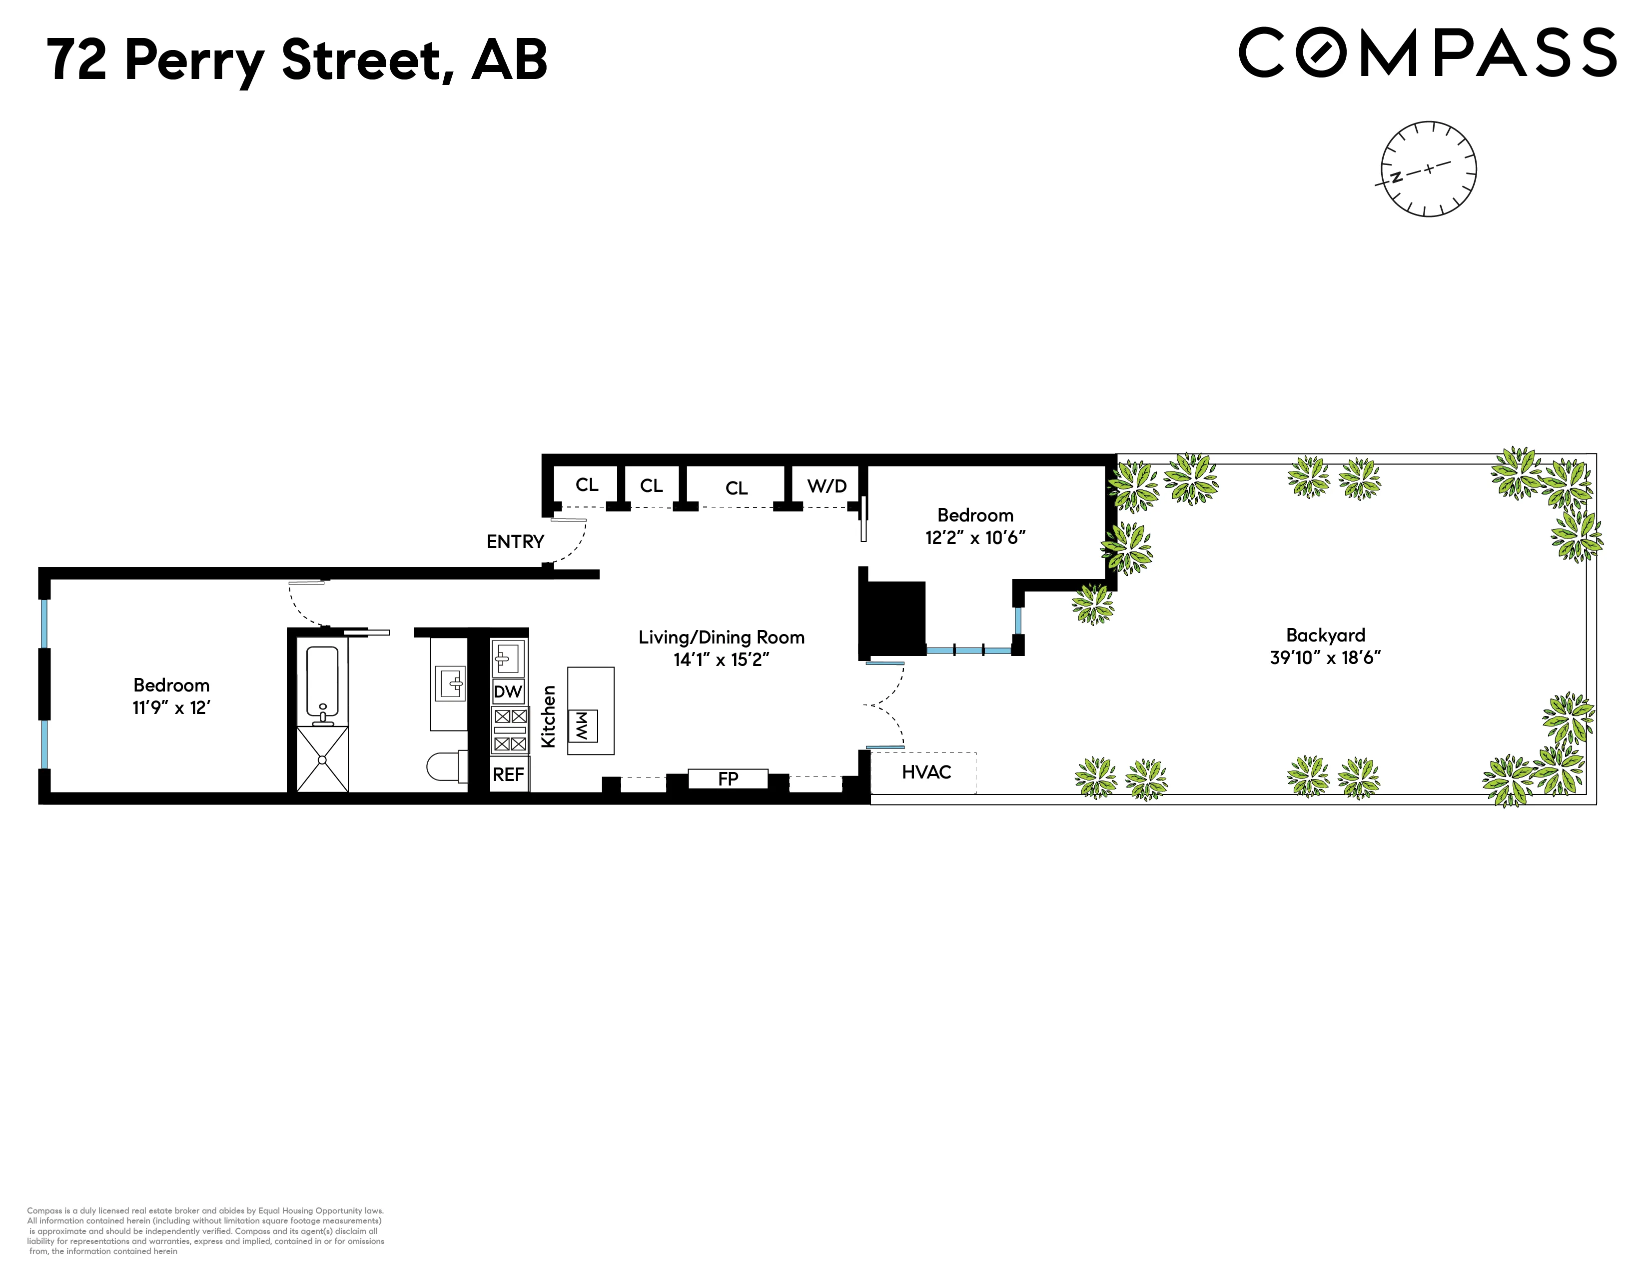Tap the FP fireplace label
pyautogui.click(x=728, y=778)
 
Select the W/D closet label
pyautogui.click(x=827, y=485)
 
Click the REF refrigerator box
pyautogui.click(x=508, y=774)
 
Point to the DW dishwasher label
pyautogui.click(x=508, y=691)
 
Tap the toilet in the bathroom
pyautogui.click(x=448, y=766)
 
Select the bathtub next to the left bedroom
pyautogui.click(x=322, y=680)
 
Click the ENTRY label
pyautogui.click(x=515, y=541)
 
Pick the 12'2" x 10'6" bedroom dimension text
pyautogui.click(x=975, y=538)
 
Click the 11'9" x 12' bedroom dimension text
pyautogui.click(x=171, y=707)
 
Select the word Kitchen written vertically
pyautogui.click(x=549, y=716)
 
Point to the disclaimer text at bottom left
pyautogui.click(x=205, y=1230)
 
